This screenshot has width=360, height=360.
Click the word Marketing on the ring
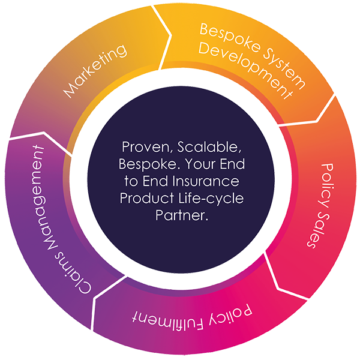[x=95, y=71]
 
